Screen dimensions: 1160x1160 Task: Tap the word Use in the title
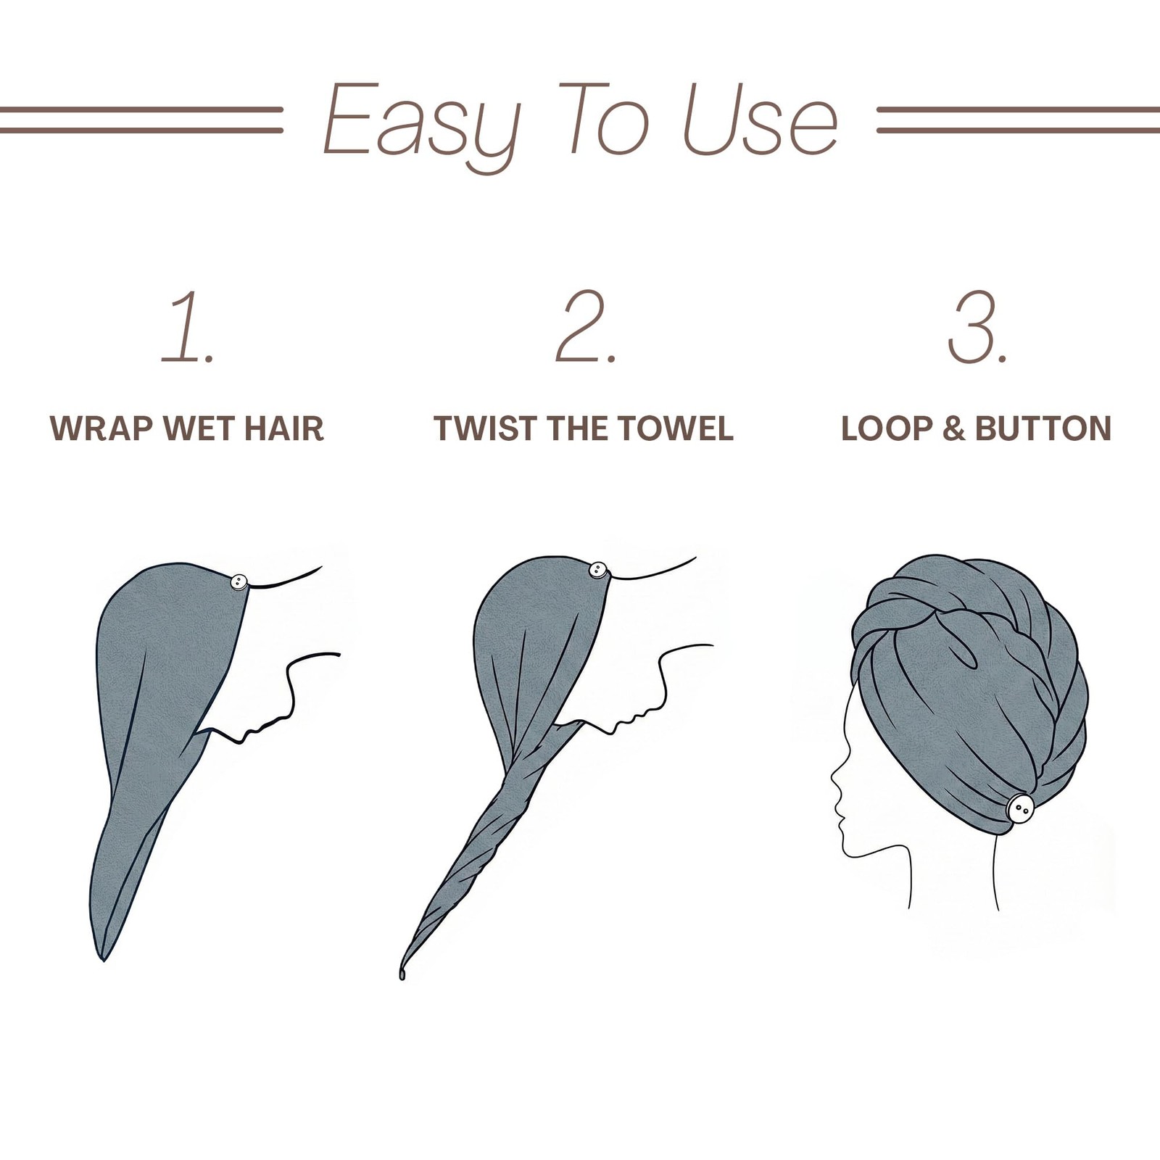(761, 119)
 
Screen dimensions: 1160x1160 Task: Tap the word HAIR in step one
(283, 428)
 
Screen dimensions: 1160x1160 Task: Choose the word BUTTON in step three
(1043, 428)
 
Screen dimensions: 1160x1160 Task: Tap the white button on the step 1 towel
(239, 581)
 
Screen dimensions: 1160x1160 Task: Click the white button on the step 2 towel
(598, 570)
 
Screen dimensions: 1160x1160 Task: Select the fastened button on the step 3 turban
(1020, 808)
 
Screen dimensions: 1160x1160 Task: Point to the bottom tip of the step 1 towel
(104, 961)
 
